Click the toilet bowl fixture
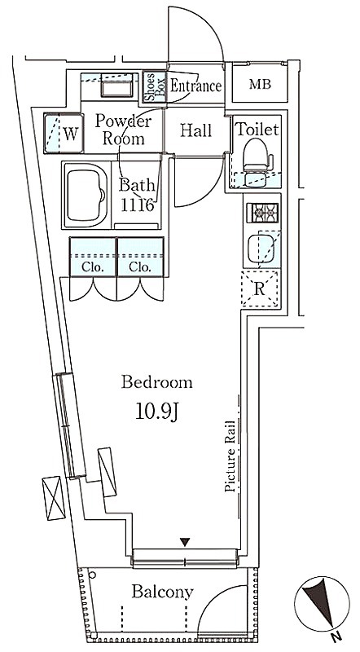point(257,155)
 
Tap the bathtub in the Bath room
point(86,194)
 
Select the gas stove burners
point(262,214)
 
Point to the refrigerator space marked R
point(260,289)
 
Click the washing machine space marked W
point(64,133)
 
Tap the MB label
point(261,85)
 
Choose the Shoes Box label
point(155,87)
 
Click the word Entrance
point(195,86)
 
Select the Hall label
point(195,130)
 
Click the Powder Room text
point(123,130)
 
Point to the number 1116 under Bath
point(138,205)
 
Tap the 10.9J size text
point(156,412)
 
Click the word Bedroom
point(156,382)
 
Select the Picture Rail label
point(230,456)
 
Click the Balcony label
point(163,592)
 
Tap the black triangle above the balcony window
point(185,542)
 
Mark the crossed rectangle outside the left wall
point(54,498)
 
